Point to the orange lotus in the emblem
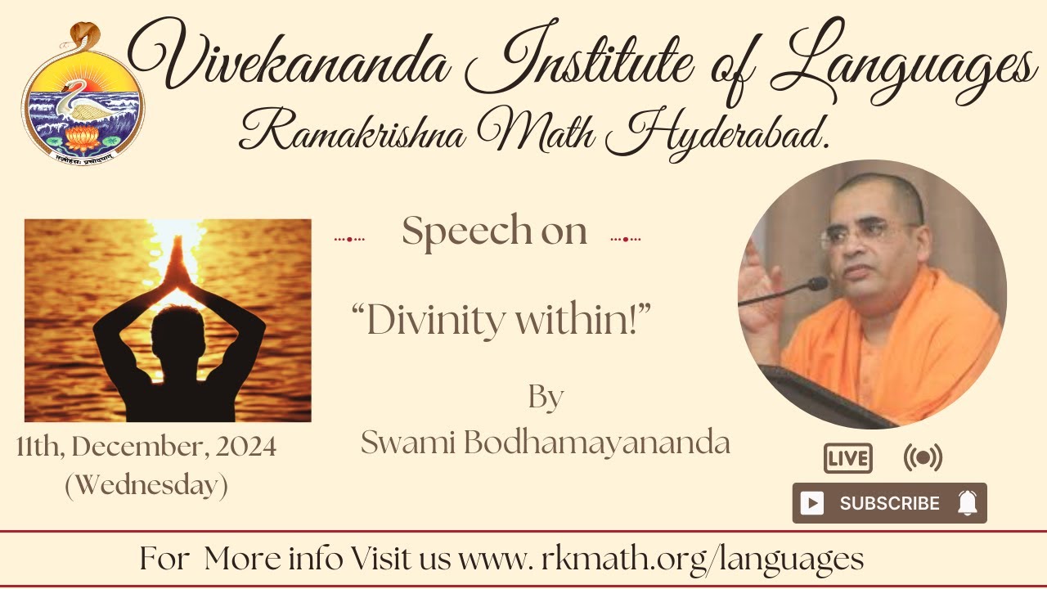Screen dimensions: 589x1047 coord(82,138)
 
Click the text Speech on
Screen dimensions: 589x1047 coord(494,232)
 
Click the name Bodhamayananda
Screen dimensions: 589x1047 coord(595,443)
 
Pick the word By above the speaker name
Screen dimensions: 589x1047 coord(546,398)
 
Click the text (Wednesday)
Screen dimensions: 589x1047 coord(146,485)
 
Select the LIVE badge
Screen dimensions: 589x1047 coord(847,459)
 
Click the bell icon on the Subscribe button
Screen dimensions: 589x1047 coord(967,503)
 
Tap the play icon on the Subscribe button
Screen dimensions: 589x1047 coord(811,503)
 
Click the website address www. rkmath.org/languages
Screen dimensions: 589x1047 coord(661,560)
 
